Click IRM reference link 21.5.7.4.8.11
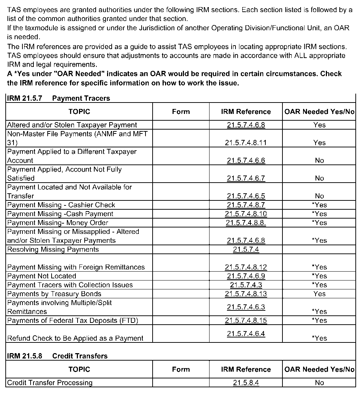point(246,143)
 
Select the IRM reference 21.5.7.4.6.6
point(246,161)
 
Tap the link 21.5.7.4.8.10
point(246,214)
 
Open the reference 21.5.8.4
point(246,383)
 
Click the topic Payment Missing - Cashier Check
point(61,205)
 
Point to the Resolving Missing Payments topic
point(53,250)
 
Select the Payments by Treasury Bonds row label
point(54,294)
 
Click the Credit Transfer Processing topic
point(50,383)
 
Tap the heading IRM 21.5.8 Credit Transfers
point(57,356)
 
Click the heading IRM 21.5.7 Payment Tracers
point(58,99)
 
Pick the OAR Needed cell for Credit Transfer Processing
point(319,383)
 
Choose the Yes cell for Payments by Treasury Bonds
point(319,294)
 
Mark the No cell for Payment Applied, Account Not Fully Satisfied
point(319,178)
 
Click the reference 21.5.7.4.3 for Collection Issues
point(246,285)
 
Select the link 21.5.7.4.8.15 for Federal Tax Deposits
point(246,321)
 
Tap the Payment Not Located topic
point(42,276)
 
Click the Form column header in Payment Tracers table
point(181,112)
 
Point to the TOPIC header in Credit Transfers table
point(79,370)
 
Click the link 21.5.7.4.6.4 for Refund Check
point(246,334)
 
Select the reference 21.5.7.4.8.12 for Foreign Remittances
point(246,267)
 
